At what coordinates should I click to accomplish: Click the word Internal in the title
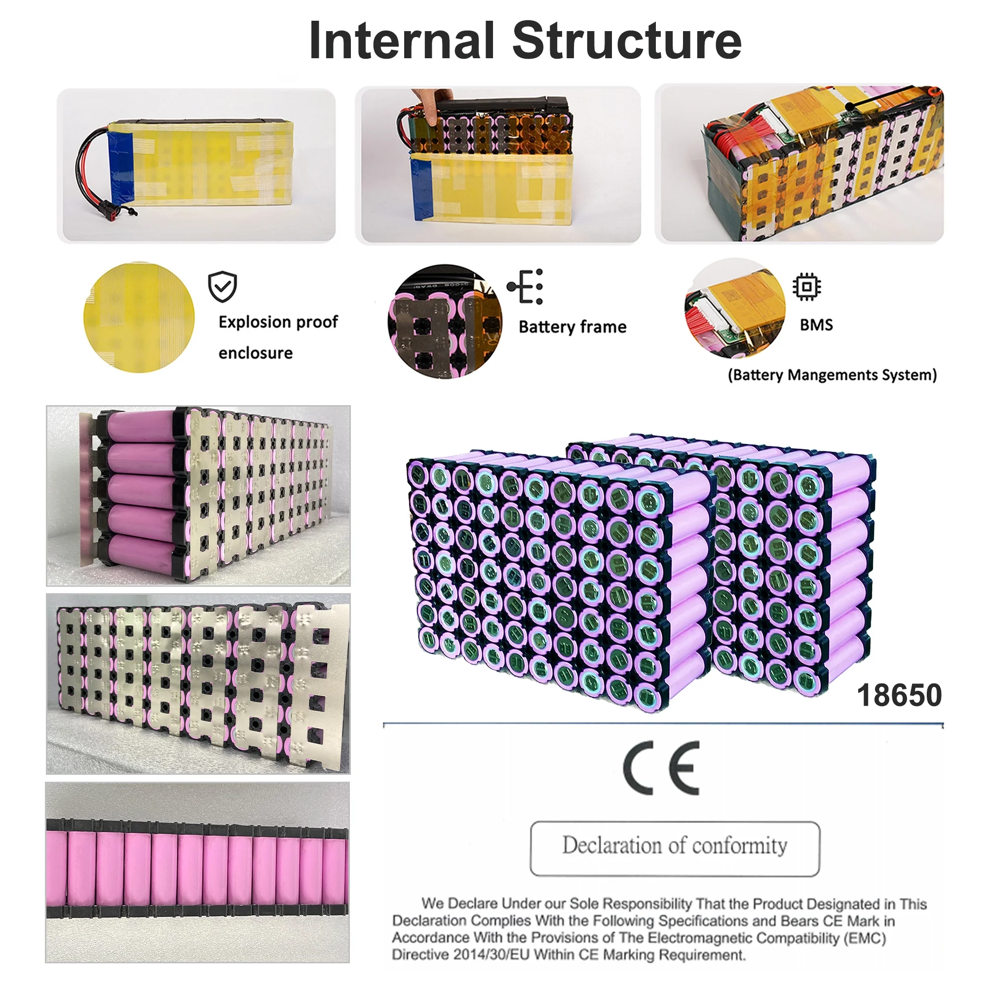point(402,40)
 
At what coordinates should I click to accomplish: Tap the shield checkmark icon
point(222,287)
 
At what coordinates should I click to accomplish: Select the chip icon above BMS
point(807,287)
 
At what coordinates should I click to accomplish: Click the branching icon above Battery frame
point(525,287)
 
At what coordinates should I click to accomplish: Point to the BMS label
point(816,325)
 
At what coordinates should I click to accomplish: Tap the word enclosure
point(256,353)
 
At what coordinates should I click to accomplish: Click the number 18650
point(899,695)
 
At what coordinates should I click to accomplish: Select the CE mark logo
point(661,768)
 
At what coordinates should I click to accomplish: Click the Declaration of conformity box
point(675,848)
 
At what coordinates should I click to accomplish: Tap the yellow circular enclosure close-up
point(139,317)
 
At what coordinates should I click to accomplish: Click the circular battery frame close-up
point(445,321)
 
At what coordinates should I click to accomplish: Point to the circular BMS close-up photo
point(735,308)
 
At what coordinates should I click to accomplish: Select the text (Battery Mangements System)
point(832,375)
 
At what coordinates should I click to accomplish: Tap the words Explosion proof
point(278,322)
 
